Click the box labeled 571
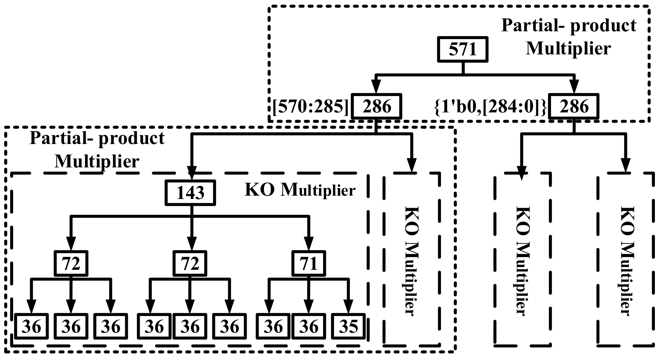tap(463, 49)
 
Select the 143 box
tap(190, 193)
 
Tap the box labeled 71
tap(309, 263)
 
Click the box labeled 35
tap(348, 327)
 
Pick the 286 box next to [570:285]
tap(376, 107)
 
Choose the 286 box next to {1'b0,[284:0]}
tap(574, 107)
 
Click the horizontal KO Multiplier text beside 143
tap(300, 190)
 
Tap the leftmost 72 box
tap(71, 263)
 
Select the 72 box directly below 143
tap(190, 263)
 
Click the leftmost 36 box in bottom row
tap(32, 327)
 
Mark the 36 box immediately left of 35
tap(308, 327)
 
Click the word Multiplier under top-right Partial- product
tap(568, 49)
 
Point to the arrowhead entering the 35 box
tap(348, 307)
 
